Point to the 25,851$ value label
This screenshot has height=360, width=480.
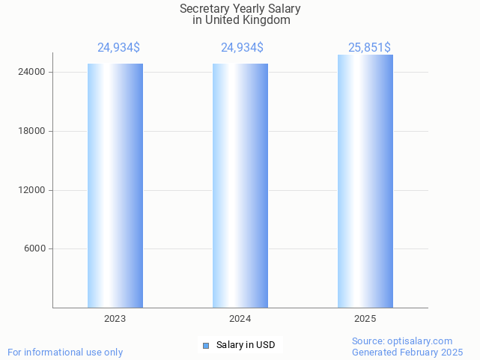[x=369, y=48]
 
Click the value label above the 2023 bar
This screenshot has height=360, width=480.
[x=118, y=48]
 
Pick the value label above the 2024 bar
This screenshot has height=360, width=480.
[x=242, y=48]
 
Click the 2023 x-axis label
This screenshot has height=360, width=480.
[x=115, y=319]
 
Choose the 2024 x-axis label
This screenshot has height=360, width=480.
[x=240, y=319]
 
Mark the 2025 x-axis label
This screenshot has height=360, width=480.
[x=365, y=319]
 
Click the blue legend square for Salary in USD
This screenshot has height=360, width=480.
[x=206, y=345]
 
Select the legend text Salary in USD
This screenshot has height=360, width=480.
[x=246, y=345]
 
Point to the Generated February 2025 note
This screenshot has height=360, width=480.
[x=407, y=353]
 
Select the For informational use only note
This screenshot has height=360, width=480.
[x=65, y=353]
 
